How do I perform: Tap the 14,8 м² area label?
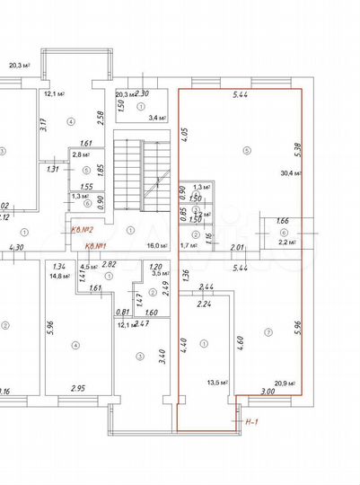(x=61, y=276)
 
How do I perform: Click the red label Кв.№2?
(x=83, y=230)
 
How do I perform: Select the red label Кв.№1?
(x=96, y=246)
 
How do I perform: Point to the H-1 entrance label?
(x=252, y=419)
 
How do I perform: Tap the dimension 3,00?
(x=268, y=392)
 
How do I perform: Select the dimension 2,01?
(x=238, y=247)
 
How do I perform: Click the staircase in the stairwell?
(x=144, y=171)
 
